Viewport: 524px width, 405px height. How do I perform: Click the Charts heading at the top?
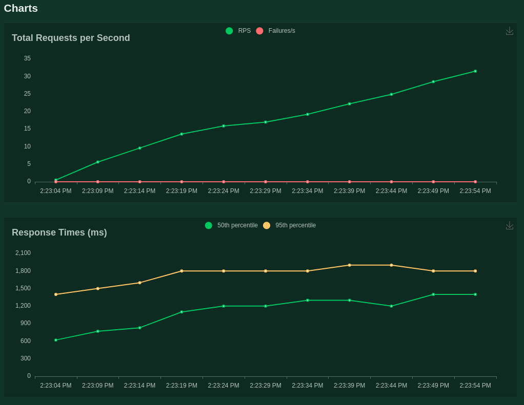pyautogui.click(x=21, y=8)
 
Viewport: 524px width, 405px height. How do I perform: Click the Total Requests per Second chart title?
pyautogui.click(x=71, y=38)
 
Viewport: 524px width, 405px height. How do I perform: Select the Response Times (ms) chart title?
pyautogui.click(x=59, y=232)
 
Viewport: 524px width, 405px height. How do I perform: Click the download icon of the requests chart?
pyautogui.click(x=509, y=31)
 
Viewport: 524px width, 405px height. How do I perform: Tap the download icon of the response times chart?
pyautogui.click(x=509, y=225)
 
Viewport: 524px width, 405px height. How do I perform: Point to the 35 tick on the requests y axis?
pyautogui.click(x=27, y=58)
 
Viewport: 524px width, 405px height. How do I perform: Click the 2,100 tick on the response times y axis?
pyautogui.click(x=23, y=253)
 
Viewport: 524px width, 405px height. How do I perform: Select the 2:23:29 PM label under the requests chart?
pyautogui.click(x=266, y=191)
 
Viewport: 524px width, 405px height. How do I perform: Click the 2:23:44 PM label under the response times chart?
pyautogui.click(x=391, y=386)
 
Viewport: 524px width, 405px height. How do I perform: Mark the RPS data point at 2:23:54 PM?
pyautogui.click(x=475, y=71)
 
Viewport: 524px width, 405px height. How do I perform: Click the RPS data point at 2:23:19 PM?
pyautogui.click(x=182, y=134)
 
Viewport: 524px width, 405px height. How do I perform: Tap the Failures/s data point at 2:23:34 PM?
pyautogui.click(x=308, y=182)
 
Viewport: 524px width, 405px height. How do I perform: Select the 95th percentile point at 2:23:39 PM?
pyautogui.click(x=350, y=265)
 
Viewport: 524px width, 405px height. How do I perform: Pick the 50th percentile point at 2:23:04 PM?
pyautogui.click(x=56, y=340)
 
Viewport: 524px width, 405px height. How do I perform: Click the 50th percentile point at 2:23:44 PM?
pyautogui.click(x=391, y=306)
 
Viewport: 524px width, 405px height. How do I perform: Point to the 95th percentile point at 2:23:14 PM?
pyautogui.click(x=139, y=283)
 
